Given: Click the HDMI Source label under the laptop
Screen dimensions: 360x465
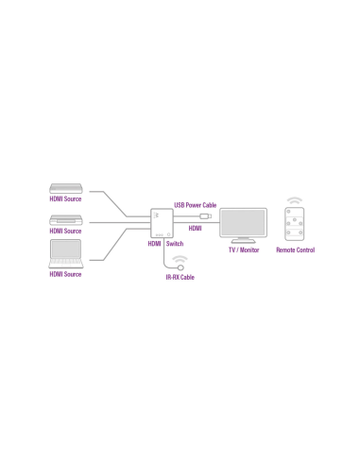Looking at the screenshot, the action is click(66, 274).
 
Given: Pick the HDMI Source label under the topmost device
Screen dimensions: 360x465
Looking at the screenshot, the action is click(66, 200).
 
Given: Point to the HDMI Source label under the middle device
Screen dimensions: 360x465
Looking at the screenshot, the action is click(66, 232).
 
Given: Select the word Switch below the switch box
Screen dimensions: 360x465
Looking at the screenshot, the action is click(175, 244).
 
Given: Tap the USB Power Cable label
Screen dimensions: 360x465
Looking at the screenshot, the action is click(195, 204).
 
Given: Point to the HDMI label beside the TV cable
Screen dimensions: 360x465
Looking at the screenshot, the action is click(196, 228).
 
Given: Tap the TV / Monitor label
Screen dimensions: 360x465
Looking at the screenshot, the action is click(243, 250).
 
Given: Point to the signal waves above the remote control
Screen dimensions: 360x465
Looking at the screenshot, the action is click(295, 200).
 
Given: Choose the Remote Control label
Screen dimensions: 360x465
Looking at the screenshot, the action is click(295, 250).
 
